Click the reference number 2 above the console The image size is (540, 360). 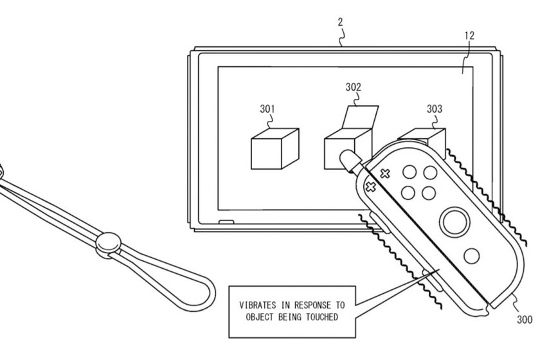(x=341, y=22)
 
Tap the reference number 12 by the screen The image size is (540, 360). (x=469, y=35)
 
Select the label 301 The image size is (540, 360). (x=267, y=109)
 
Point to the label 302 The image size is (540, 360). (x=354, y=87)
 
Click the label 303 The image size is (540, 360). (x=435, y=109)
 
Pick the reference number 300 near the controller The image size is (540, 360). (x=525, y=319)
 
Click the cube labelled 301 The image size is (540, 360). (x=275, y=149)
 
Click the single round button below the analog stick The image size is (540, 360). (x=472, y=256)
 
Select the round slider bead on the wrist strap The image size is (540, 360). (x=109, y=242)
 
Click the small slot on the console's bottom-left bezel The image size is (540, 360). (x=226, y=222)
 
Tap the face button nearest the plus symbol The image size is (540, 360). (x=409, y=172)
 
